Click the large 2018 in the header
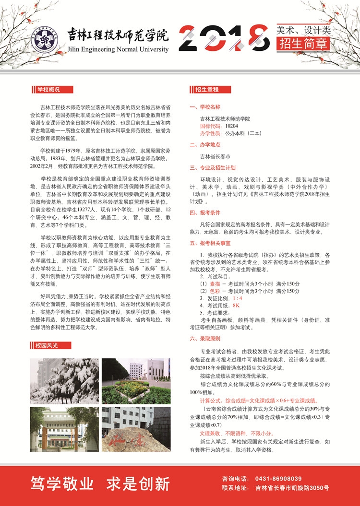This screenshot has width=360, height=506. pyautogui.click(x=224, y=37)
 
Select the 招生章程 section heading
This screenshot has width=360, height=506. pyautogui.click(x=207, y=89)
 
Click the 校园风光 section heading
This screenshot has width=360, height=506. pyautogui.click(x=46, y=345)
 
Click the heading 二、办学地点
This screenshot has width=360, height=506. pyautogui.click(x=205, y=144)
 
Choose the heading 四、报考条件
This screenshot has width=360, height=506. pyautogui.click(x=205, y=212)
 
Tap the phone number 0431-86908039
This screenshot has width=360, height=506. pyautogui.click(x=275, y=479)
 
